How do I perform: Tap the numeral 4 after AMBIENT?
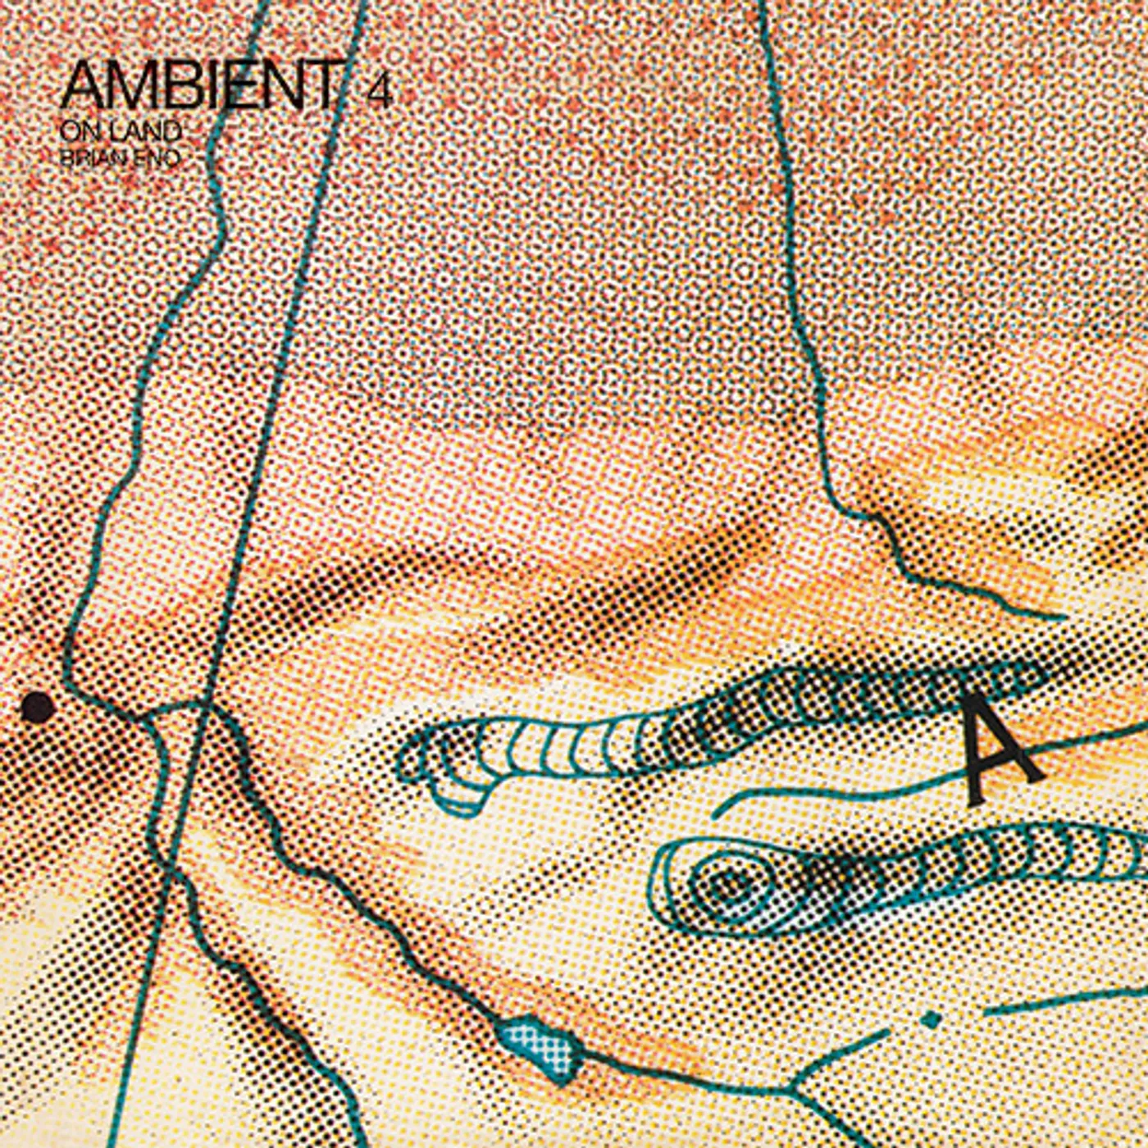[x=379, y=92]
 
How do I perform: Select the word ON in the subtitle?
[x=76, y=130]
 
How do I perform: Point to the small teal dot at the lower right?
[x=930, y=1019]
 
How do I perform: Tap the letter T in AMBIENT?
[x=317, y=84]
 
